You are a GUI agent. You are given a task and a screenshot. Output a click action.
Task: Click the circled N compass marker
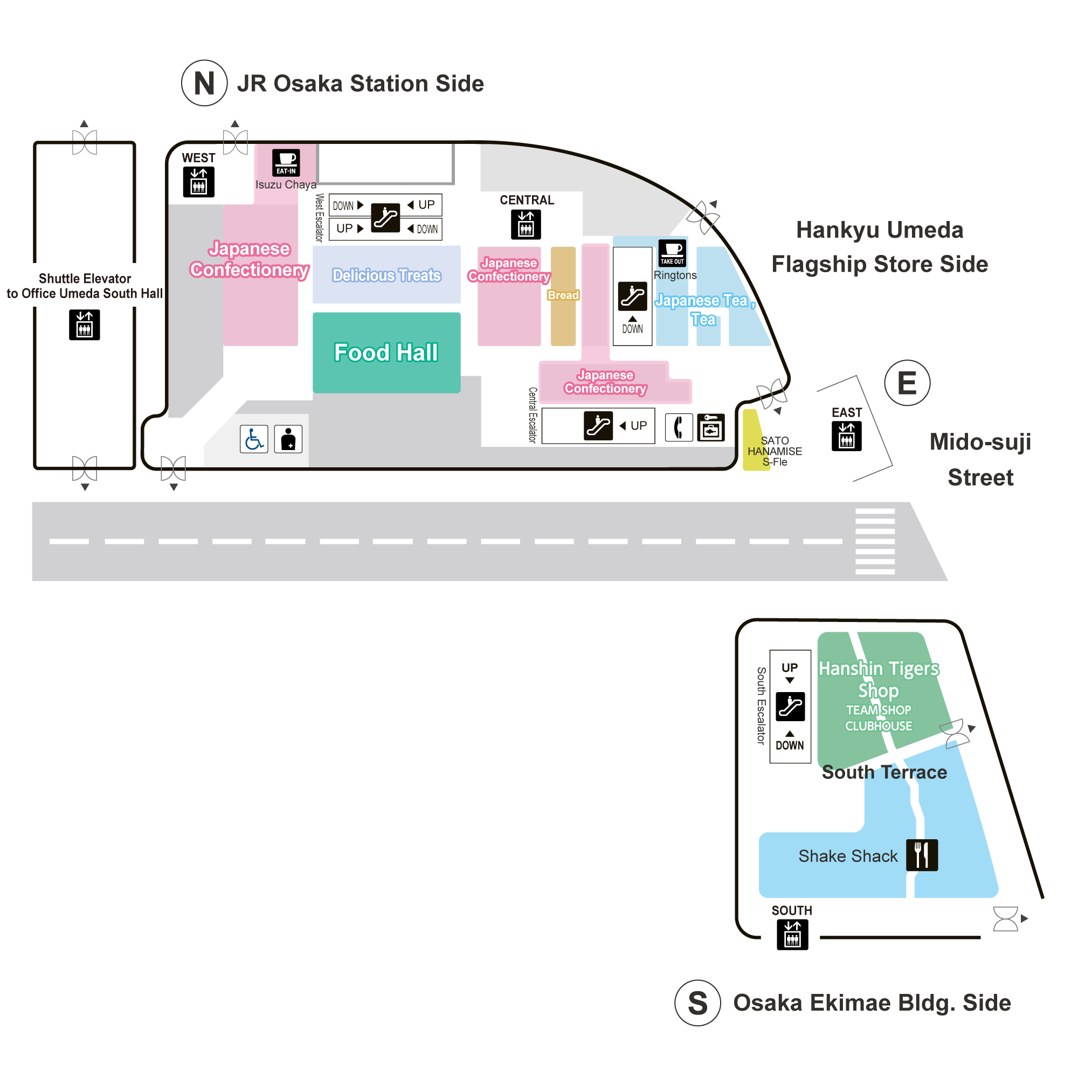[204, 83]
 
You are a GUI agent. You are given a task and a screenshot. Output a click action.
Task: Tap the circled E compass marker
[907, 383]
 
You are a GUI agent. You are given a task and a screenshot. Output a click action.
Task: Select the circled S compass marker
[697, 1003]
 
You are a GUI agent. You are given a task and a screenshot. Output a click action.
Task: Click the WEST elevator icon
[199, 182]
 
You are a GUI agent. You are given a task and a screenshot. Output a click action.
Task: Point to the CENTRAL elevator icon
[526, 224]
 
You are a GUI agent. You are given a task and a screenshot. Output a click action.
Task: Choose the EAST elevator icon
[846, 436]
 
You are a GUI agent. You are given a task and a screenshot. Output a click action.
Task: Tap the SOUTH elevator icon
[792, 934]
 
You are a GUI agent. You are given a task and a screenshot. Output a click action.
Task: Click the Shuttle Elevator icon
[84, 324]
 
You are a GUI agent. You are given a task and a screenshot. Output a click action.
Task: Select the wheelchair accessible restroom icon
[254, 439]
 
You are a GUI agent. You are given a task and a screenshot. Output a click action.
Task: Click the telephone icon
[679, 428]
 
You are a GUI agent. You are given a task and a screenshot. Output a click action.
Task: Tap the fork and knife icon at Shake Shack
[922, 855]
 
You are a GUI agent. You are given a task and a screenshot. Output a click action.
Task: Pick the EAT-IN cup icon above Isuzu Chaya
[286, 162]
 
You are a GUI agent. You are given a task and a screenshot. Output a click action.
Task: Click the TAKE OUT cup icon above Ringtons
[672, 253]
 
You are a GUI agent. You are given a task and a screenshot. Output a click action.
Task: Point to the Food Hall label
[386, 353]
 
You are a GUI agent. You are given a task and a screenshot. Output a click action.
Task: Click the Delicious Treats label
[386, 275]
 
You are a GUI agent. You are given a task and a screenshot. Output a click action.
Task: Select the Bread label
[563, 295]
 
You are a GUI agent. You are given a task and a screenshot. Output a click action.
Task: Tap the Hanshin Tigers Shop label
[879, 679]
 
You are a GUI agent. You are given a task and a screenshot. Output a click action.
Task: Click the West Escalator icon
[385, 217]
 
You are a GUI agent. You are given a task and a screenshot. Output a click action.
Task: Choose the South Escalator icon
[790, 707]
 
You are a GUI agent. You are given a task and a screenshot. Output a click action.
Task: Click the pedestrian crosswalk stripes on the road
[875, 541]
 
